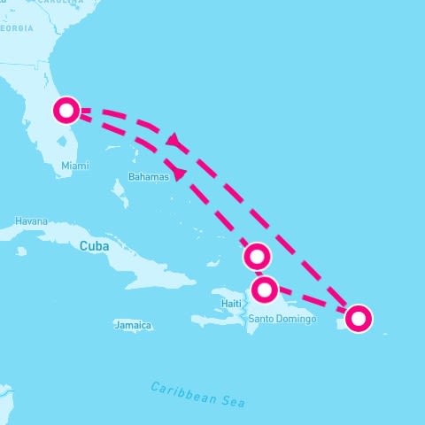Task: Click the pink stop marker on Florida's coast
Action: click(66, 111)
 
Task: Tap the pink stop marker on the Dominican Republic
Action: click(264, 290)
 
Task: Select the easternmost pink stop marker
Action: click(358, 318)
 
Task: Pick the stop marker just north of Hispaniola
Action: click(257, 257)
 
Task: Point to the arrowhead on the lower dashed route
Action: click(180, 173)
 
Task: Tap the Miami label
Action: click(75, 166)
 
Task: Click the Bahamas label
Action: click(148, 177)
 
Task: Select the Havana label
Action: click(31, 220)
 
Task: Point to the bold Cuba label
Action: click(94, 246)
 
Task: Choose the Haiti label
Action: click(231, 304)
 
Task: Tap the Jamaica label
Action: click(133, 326)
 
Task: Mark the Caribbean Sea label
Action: click(197, 394)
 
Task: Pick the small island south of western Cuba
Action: click(20, 251)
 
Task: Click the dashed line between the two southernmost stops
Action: click(311, 303)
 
